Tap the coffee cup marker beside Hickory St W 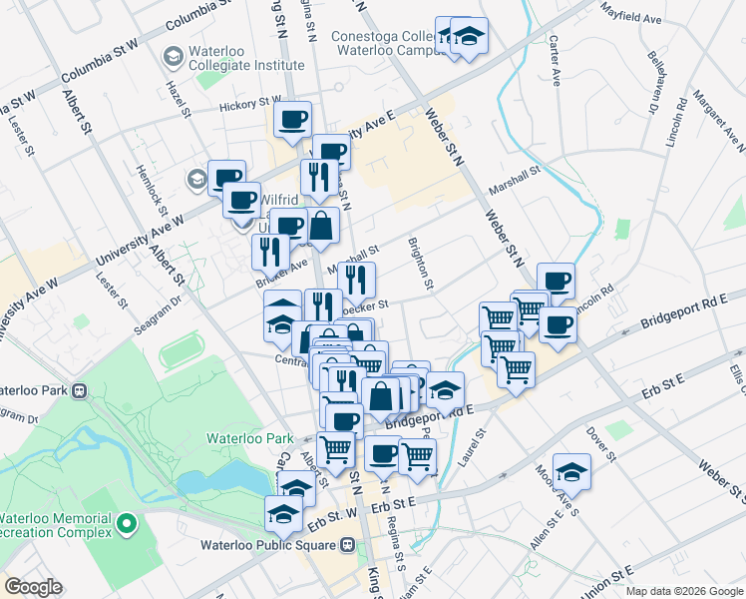(x=293, y=120)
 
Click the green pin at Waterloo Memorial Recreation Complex (x=127, y=522)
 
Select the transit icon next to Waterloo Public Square (x=348, y=545)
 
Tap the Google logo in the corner (x=33, y=587)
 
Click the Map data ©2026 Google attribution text (x=684, y=591)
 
